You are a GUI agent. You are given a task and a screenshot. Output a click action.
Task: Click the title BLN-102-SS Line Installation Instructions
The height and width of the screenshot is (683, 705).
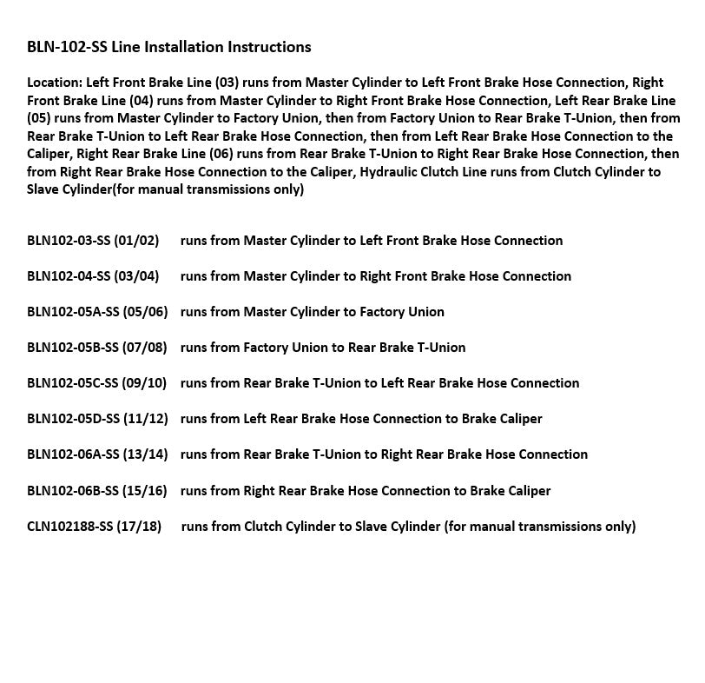168,46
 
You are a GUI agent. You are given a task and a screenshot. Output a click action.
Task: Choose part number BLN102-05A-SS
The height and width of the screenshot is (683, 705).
72,312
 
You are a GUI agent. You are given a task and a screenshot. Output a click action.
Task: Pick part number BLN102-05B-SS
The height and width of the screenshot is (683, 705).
72,348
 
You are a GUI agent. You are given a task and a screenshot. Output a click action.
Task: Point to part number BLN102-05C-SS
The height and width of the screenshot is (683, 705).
72,383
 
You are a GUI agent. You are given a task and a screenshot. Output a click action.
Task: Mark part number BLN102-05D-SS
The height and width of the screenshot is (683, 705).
72,419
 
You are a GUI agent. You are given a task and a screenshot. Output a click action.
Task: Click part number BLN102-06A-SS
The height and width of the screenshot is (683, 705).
72,454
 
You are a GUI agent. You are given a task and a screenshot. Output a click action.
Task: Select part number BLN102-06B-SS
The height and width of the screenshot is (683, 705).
72,491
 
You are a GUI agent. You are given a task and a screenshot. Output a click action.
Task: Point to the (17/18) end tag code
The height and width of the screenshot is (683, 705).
142,527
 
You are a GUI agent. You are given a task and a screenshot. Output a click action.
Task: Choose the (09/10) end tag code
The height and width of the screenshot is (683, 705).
145,383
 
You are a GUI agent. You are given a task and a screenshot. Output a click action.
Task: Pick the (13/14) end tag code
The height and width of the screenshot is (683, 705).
145,454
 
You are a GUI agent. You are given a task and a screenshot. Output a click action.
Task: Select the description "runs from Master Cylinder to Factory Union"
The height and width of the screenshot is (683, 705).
312,312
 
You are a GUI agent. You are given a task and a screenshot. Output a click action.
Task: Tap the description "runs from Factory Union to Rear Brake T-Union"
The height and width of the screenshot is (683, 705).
322,348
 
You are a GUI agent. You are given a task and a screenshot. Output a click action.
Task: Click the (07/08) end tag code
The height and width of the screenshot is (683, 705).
145,348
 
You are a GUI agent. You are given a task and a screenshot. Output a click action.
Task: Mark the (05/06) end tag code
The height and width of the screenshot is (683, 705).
145,312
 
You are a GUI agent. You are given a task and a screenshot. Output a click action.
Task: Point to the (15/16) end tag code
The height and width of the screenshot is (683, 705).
145,491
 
